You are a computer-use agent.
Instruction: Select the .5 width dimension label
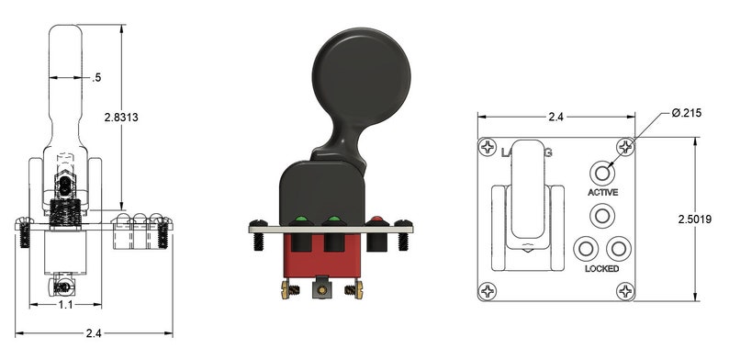[97, 78]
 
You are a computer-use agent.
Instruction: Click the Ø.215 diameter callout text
[686, 112]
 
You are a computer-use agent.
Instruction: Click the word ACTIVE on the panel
[602, 193]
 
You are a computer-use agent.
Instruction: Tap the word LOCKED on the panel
[601, 269]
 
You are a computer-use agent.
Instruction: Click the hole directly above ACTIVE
[602, 173]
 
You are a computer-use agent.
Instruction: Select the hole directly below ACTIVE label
[602, 216]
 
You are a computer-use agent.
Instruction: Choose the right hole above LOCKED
[620, 249]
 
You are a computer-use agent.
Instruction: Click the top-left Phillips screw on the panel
[487, 147]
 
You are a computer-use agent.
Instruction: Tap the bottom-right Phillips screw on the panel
[625, 293]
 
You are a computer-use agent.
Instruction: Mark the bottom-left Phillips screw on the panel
[487, 293]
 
